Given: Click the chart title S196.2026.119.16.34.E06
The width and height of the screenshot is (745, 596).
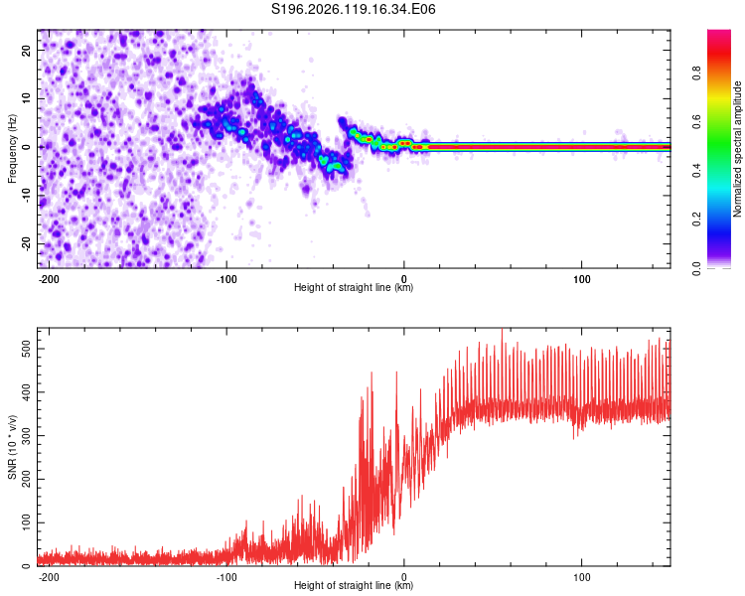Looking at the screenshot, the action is tap(353, 9).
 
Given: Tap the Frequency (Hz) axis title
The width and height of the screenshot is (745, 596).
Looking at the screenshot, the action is tap(12, 148).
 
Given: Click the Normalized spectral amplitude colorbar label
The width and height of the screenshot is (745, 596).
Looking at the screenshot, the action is tap(737, 149).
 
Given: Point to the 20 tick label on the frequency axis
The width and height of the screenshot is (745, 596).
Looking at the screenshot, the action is tap(27, 50).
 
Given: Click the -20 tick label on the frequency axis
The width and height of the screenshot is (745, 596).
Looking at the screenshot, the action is tap(27, 244).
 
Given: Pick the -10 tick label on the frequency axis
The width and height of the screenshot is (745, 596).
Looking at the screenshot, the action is tap(27, 196).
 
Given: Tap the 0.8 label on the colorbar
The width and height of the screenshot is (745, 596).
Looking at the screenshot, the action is tap(696, 74).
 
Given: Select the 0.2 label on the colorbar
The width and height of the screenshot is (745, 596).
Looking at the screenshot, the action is tap(696, 220).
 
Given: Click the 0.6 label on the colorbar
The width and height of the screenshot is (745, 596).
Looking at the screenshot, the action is tap(696, 121).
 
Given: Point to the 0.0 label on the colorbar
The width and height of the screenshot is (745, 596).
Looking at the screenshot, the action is tap(696, 268).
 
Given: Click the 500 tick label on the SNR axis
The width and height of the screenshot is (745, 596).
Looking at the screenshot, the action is tap(27, 349).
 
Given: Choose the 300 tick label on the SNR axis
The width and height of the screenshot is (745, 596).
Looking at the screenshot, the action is tap(27, 436).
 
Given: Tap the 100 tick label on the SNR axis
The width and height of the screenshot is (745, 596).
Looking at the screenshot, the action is tap(27, 522).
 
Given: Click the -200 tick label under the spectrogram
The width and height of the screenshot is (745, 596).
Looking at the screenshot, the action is tap(48, 279).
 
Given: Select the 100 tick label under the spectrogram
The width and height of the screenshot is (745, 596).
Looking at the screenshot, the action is tap(581, 279).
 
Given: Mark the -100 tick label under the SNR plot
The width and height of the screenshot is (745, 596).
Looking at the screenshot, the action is tap(226, 577).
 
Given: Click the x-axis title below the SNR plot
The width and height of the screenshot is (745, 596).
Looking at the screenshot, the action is tap(354, 585).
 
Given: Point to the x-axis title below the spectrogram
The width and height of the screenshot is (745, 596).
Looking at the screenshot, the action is tap(354, 287).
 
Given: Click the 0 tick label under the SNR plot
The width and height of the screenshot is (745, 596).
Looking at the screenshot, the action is tap(404, 577).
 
